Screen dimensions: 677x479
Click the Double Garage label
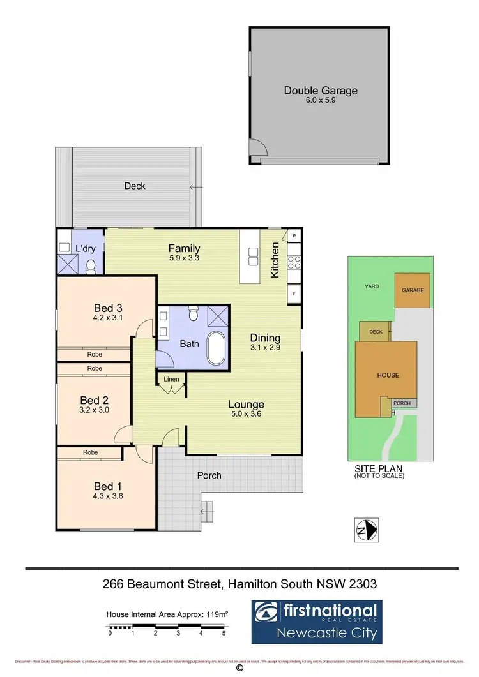click(x=321, y=91)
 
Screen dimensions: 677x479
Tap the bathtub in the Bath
click(x=217, y=348)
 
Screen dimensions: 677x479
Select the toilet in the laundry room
click(x=91, y=265)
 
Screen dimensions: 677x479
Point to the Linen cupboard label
click(x=172, y=379)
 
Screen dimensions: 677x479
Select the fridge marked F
click(x=294, y=294)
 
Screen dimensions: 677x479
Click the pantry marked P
click(x=294, y=236)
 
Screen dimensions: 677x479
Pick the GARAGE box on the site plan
click(x=413, y=290)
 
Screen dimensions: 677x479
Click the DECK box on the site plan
click(x=376, y=332)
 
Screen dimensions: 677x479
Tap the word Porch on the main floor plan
click(x=209, y=475)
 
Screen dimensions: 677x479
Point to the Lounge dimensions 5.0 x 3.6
click(x=246, y=415)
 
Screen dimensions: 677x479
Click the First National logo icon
click(x=267, y=613)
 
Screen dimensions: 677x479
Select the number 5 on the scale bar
click(x=224, y=634)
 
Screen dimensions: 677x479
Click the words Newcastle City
click(x=327, y=634)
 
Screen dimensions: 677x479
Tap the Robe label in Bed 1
click(x=90, y=452)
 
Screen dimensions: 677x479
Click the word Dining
click(x=265, y=338)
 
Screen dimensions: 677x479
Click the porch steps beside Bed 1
click(x=208, y=509)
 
